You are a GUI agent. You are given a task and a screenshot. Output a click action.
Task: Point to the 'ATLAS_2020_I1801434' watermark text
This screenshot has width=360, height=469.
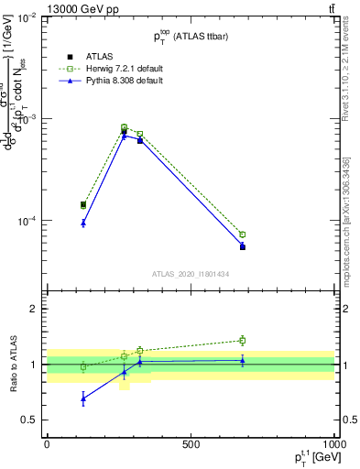191,274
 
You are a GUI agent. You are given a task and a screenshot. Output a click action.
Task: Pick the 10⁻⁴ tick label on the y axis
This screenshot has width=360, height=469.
27,222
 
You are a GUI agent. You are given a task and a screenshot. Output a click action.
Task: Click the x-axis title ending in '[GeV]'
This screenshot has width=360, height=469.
308,457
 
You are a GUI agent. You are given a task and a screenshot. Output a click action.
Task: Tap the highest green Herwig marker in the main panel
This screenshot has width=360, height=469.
124,127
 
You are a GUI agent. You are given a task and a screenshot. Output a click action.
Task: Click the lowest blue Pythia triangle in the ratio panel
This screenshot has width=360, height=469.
83,398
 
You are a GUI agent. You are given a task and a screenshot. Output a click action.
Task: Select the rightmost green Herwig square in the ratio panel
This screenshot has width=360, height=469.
242,340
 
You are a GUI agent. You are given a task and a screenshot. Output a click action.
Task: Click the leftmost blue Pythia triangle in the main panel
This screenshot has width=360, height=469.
83,223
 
